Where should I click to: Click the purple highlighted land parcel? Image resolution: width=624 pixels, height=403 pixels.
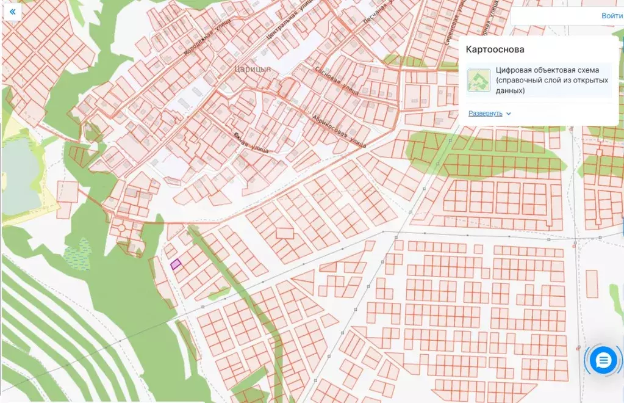point(176,264)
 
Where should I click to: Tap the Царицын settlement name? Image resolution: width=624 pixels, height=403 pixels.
point(252,69)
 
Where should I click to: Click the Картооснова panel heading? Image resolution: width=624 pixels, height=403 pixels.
point(495,49)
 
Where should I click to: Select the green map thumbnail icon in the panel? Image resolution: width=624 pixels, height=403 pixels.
point(479,80)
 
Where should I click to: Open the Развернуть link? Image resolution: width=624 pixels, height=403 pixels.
point(485,114)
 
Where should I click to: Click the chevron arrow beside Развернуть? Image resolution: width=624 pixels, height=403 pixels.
point(509,114)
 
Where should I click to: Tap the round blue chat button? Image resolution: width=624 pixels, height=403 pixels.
point(603,361)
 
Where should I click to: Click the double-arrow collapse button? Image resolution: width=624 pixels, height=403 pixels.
point(12,12)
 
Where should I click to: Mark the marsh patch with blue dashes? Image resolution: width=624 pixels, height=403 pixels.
point(76,252)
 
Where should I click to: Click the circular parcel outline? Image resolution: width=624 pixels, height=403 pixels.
point(121,228)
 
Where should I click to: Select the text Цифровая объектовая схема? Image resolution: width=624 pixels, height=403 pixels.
point(547,70)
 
